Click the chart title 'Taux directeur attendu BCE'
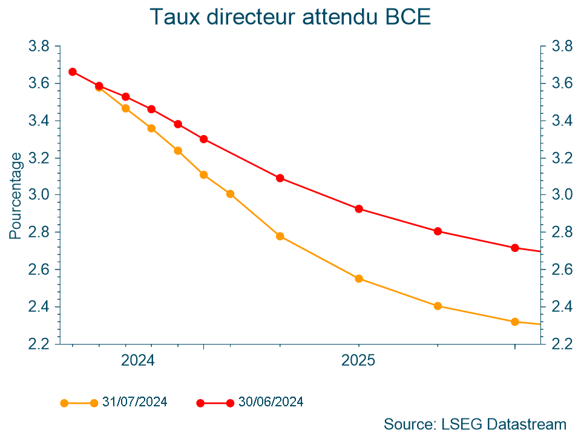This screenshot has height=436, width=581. (x=290, y=17)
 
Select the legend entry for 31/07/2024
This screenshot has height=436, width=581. (x=134, y=401)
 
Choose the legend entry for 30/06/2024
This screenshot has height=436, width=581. (x=271, y=401)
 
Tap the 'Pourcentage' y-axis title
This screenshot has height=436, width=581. (x=16, y=195)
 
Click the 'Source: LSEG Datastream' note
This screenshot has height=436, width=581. (x=474, y=423)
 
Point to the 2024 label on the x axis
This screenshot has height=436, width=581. (x=138, y=361)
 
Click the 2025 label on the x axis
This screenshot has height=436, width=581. (x=358, y=361)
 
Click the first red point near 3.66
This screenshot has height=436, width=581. (x=73, y=71)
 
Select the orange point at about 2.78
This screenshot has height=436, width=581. (x=280, y=236)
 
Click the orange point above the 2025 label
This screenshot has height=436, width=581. (x=358, y=279)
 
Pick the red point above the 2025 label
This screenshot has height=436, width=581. (x=358, y=209)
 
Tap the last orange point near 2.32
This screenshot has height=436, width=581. (x=514, y=322)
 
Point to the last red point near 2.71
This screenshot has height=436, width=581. (x=514, y=248)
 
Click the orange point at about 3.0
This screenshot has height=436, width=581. (x=230, y=194)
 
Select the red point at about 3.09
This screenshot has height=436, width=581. (x=280, y=178)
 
